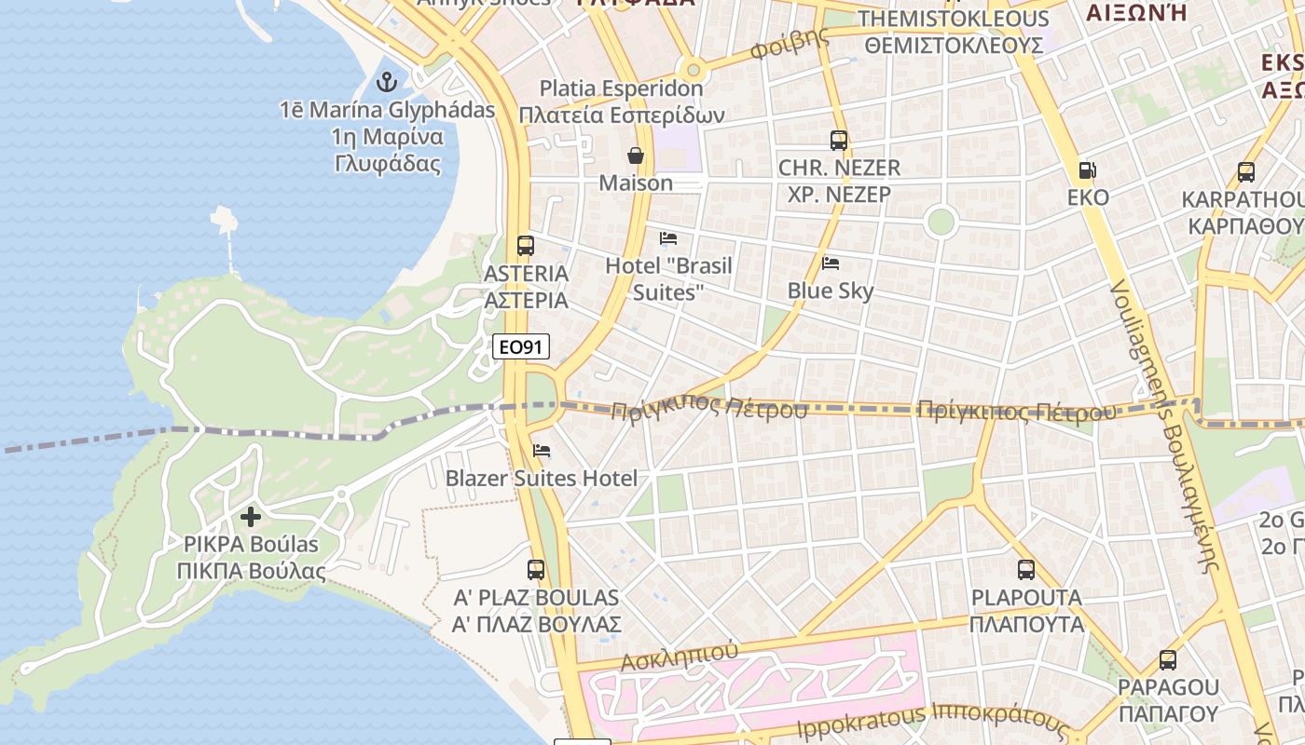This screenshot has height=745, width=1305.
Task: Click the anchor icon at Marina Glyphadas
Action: [x=386, y=82]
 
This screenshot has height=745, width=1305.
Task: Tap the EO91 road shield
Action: [x=521, y=347]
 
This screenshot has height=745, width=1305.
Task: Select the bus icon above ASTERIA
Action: [x=526, y=246]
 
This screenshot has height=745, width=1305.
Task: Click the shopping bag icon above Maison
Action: [x=636, y=155]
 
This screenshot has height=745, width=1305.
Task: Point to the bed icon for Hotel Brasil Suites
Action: [x=668, y=238]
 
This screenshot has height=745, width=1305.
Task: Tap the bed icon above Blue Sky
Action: [x=831, y=264]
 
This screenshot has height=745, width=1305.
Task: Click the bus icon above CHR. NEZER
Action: [x=839, y=141]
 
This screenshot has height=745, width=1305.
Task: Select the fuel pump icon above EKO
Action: [x=1087, y=170]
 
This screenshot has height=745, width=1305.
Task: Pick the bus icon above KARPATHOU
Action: [x=1246, y=172]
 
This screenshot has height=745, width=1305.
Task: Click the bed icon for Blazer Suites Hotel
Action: [x=542, y=452]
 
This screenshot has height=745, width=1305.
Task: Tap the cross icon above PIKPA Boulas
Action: [x=251, y=516]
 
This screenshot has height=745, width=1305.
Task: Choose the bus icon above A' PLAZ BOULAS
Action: [x=536, y=569]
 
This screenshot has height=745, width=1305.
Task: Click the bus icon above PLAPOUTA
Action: [x=1026, y=569]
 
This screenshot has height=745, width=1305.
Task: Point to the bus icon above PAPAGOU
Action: [x=1168, y=660]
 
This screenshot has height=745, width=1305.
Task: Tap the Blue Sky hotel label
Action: [x=831, y=291]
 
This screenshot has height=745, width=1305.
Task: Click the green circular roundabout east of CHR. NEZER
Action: [x=941, y=222]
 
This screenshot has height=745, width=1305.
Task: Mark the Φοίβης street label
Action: [x=789, y=45]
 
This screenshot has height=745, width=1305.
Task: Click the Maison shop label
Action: [x=636, y=183]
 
